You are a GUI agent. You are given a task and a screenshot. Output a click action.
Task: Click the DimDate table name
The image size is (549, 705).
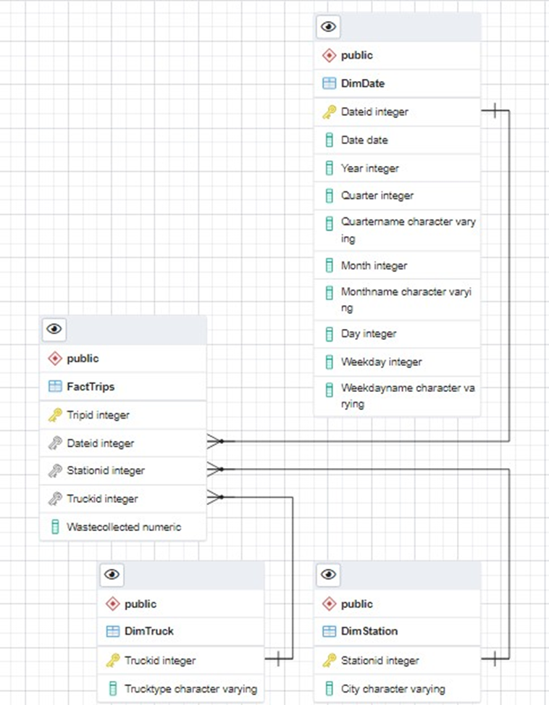(362, 83)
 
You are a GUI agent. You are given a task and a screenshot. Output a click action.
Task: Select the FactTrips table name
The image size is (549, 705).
(91, 387)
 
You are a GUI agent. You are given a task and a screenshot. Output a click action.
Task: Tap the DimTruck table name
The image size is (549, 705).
(148, 631)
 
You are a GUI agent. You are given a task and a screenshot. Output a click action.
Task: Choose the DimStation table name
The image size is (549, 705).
(369, 631)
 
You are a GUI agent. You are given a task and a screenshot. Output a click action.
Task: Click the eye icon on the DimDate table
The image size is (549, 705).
(328, 27)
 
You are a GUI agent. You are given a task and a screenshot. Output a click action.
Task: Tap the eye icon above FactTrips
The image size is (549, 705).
(54, 329)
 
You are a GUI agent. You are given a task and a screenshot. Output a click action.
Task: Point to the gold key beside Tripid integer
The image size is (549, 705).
(55, 415)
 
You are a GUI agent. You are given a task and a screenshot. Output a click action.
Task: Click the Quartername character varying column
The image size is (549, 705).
(408, 230)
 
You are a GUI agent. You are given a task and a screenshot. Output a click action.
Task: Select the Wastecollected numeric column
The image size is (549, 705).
(123, 527)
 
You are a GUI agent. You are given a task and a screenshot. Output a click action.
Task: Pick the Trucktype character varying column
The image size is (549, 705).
(190, 688)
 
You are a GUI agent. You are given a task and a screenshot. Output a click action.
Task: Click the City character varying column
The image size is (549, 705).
(393, 688)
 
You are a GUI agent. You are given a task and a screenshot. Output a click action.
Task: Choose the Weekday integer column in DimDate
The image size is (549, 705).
(381, 362)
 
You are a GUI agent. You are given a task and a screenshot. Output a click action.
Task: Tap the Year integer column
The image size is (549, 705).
(369, 168)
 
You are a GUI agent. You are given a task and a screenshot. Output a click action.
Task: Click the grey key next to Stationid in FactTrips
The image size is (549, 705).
(55, 471)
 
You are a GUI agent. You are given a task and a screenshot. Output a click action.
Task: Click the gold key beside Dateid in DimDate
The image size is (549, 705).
(329, 112)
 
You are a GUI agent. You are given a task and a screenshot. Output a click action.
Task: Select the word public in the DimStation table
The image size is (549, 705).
(356, 604)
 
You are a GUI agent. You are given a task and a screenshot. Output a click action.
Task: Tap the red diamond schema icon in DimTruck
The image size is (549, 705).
(112, 604)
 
